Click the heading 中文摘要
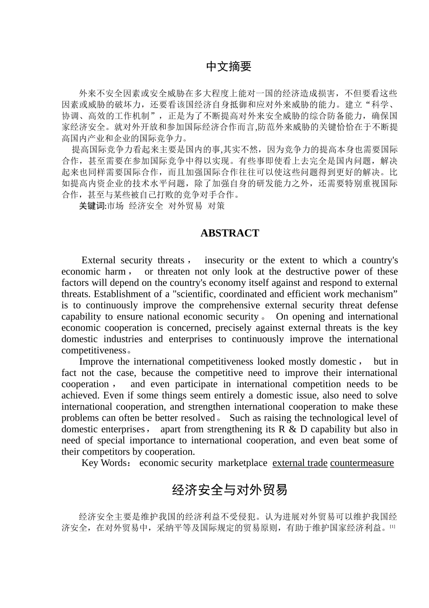[x=229, y=67]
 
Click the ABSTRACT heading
[x=229, y=233]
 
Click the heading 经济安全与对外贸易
[x=229, y=490]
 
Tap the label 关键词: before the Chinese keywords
[x=93, y=206]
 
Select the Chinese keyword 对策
[x=216, y=206]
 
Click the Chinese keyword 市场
[x=115, y=206]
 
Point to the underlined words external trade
[x=300, y=463]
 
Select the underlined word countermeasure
[x=362, y=463]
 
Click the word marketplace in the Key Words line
[x=242, y=463]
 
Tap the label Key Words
[x=104, y=463]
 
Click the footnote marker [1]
[x=392, y=527]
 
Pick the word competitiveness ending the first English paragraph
[x=93, y=351]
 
